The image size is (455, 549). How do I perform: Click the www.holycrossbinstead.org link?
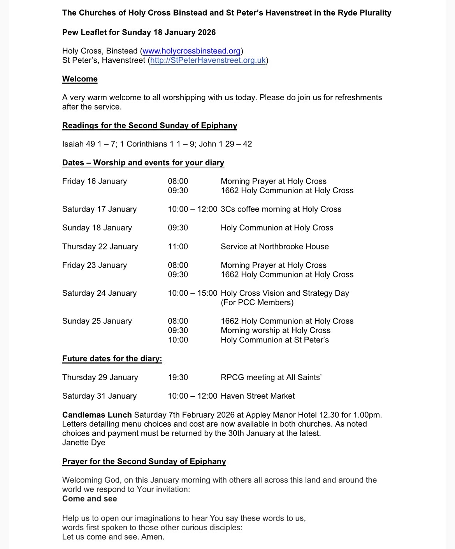click(x=191, y=51)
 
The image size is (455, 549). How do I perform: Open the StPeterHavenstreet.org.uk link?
click(x=208, y=60)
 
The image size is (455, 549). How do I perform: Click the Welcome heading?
click(x=80, y=79)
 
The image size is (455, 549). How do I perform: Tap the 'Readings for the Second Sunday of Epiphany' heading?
click(x=149, y=125)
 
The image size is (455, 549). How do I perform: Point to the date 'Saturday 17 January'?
click(x=99, y=209)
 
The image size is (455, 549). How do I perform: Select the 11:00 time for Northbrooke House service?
click(x=178, y=247)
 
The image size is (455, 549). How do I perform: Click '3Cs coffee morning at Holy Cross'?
click(x=281, y=209)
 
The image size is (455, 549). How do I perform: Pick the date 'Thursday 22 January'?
click(x=100, y=247)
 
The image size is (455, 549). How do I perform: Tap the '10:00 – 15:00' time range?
click(x=192, y=293)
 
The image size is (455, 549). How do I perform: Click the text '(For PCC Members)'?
click(x=257, y=302)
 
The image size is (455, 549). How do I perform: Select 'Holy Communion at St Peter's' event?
click(x=274, y=340)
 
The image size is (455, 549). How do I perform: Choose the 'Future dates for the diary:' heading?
click(x=112, y=359)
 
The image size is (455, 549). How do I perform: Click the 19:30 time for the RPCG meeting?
click(x=178, y=377)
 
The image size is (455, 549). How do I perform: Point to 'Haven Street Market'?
click(x=258, y=396)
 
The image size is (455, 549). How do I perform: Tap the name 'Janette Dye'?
click(x=84, y=443)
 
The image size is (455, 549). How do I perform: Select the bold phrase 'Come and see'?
click(x=90, y=499)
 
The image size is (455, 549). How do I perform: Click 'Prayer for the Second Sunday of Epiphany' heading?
click(x=144, y=462)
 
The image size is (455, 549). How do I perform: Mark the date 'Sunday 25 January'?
click(x=97, y=321)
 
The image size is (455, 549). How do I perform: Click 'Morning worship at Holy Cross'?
click(x=275, y=330)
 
